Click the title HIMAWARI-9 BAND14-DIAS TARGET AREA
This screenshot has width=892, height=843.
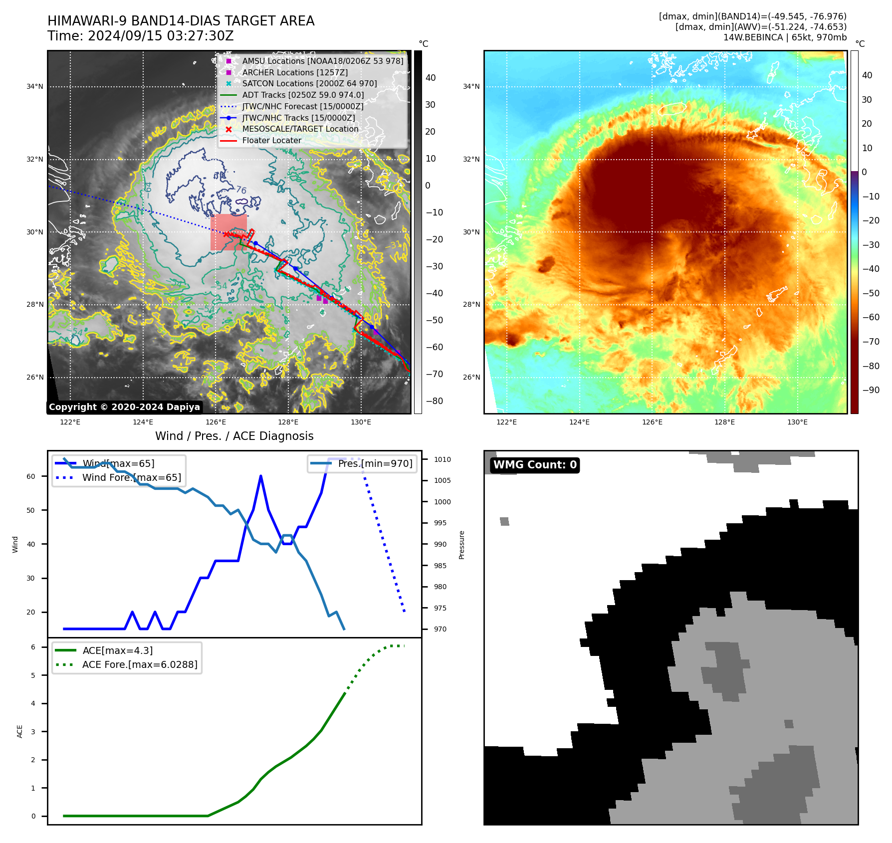pyautogui.click(x=181, y=21)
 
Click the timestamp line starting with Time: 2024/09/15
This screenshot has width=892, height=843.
pyautogui.click(x=140, y=36)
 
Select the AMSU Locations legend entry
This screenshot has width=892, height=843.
pyautogui.click(x=322, y=61)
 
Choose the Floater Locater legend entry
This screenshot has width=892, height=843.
pyautogui.click(x=271, y=140)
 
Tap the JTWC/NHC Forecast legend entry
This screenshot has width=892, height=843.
pyautogui.click(x=302, y=106)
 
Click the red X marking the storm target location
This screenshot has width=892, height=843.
pyautogui.click(x=226, y=234)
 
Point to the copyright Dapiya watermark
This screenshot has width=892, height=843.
pyautogui.click(x=124, y=407)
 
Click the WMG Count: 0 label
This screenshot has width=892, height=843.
pyautogui.click(x=535, y=465)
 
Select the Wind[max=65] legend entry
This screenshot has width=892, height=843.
pyautogui.click(x=118, y=463)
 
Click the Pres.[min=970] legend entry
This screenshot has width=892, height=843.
pyautogui.click(x=375, y=463)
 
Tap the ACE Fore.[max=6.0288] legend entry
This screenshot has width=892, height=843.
pyautogui.click(x=140, y=664)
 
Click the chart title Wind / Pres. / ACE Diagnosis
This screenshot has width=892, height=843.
pyautogui.click(x=234, y=436)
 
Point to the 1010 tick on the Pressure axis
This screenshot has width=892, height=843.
pyautogui.click(x=442, y=459)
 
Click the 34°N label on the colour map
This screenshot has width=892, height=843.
pyautogui.click(x=471, y=86)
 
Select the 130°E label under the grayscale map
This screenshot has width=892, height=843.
pyautogui.click(x=361, y=422)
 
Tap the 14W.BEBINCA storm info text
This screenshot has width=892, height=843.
pyautogui.click(x=785, y=37)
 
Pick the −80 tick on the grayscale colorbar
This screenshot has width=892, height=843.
pyautogui.click(x=434, y=401)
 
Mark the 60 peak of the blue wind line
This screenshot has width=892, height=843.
pyautogui.click(x=261, y=476)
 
